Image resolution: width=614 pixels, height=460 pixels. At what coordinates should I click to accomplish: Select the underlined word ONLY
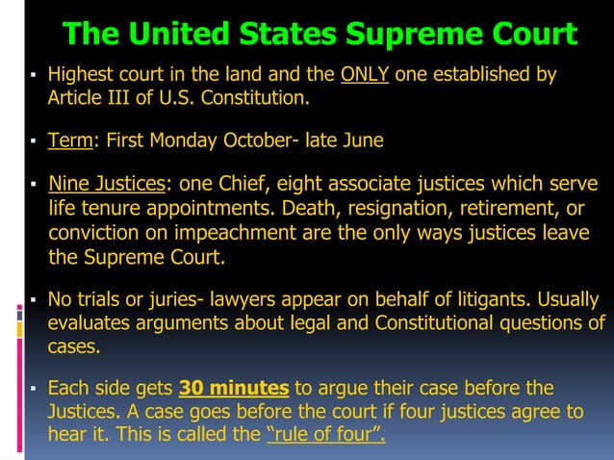click(x=366, y=75)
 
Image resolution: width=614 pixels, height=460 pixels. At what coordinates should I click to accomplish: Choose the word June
click(x=363, y=141)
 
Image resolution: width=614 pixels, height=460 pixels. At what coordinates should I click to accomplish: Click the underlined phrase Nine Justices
click(x=107, y=184)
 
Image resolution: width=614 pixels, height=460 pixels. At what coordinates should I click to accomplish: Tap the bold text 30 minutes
click(x=234, y=389)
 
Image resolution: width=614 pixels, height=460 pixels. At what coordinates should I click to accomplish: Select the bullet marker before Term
click(x=34, y=141)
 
